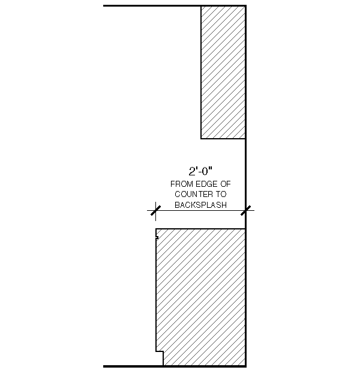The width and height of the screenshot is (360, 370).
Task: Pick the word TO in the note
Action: [220, 195]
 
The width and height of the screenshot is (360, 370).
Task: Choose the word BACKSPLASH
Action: [200, 205]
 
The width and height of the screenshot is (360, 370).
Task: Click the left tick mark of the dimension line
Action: [155, 210]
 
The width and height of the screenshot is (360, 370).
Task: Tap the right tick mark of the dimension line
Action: [245, 210]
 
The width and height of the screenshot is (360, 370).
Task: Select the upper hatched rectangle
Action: [223, 72]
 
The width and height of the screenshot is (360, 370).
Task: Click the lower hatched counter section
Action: [201, 297]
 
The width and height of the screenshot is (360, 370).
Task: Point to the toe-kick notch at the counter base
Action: [160, 358]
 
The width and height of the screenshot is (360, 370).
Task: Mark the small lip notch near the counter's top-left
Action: [157, 237]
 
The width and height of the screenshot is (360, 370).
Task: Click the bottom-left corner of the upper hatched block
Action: [201, 139]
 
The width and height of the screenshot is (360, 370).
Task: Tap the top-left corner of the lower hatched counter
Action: [156, 229]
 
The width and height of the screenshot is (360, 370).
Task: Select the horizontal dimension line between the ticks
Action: [200, 210]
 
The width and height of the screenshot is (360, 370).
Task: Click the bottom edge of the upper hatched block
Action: [223, 139]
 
